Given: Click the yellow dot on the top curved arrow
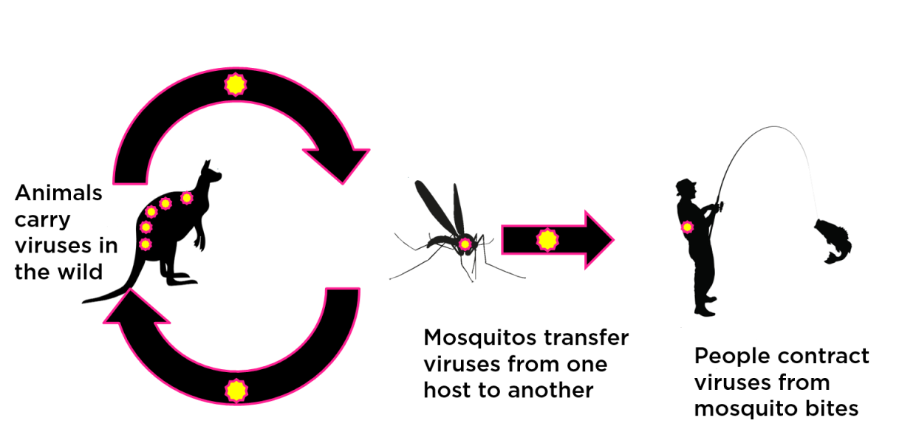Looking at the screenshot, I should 235,85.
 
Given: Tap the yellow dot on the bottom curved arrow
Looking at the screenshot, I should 236,390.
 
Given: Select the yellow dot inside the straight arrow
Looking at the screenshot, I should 547,239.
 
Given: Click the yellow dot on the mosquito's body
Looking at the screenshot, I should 465,244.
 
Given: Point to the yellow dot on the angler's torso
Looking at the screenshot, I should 687,227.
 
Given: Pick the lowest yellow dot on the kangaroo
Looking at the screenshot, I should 146,244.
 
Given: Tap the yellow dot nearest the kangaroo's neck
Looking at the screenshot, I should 186,198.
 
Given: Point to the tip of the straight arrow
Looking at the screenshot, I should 612,239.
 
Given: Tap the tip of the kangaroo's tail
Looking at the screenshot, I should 86,301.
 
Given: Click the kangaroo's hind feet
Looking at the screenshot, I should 182,280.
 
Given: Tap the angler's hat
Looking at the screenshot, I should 685,182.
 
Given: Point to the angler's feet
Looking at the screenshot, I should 706,310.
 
